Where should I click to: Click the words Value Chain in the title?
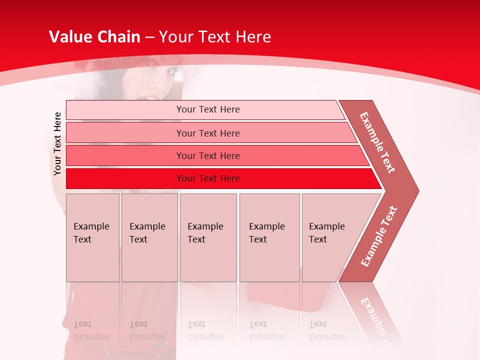(x=94, y=37)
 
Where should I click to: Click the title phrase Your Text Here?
(x=215, y=37)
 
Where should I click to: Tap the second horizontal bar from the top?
(x=207, y=133)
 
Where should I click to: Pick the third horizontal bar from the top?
(x=207, y=155)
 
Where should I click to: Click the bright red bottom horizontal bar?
(x=207, y=178)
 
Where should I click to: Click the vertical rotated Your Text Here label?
(x=57, y=143)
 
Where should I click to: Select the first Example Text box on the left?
(x=92, y=237)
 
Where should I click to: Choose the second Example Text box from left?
(x=149, y=237)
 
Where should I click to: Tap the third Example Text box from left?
(x=207, y=237)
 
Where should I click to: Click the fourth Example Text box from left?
(x=269, y=237)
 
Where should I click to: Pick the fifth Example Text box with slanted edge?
(x=330, y=237)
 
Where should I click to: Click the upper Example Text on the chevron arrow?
(x=377, y=142)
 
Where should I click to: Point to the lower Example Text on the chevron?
(x=378, y=236)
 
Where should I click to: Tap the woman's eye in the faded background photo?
(x=172, y=72)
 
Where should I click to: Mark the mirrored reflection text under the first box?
(x=91, y=330)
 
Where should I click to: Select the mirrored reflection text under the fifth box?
(x=326, y=330)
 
